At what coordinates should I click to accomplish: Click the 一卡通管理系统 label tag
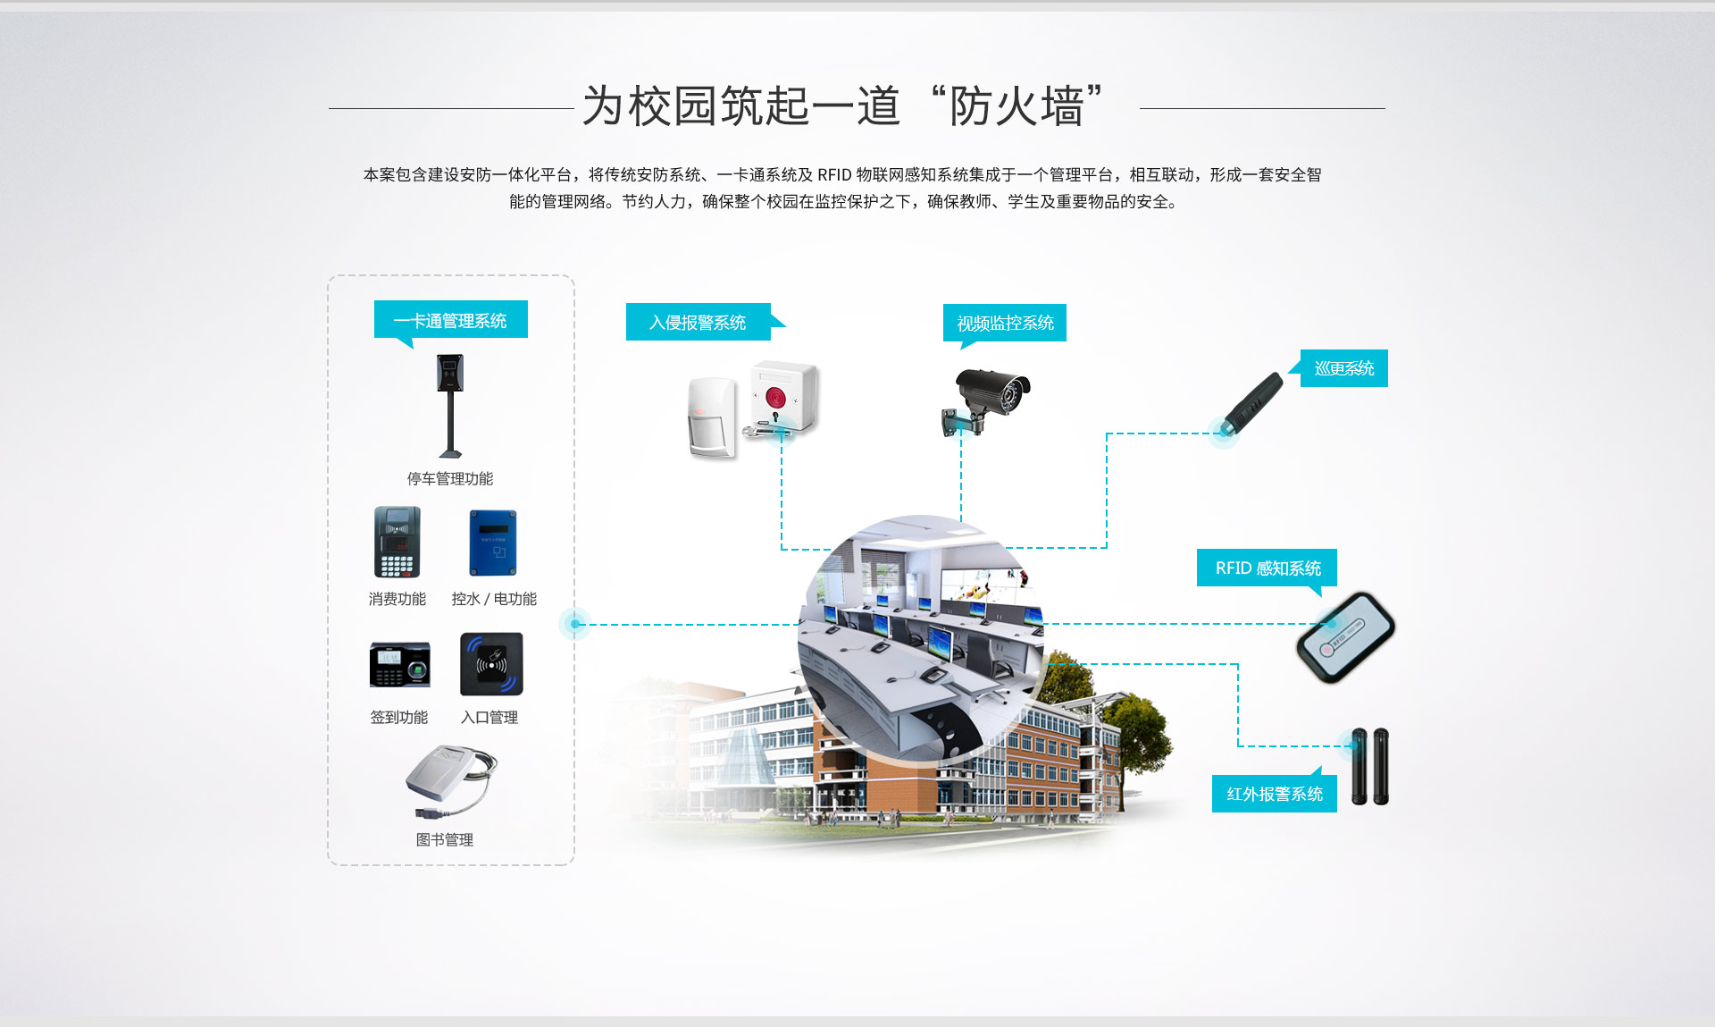pyautogui.click(x=451, y=320)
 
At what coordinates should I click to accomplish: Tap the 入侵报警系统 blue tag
pyautogui.click(x=699, y=322)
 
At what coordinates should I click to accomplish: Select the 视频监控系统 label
pyautogui.click(x=1005, y=323)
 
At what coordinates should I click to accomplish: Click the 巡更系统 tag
pyautogui.click(x=1344, y=368)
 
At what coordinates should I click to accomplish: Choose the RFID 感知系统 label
pyautogui.click(x=1267, y=568)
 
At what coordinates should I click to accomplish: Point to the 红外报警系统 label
pyautogui.click(x=1275, y=794)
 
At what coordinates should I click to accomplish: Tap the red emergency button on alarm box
pyautogui.click(x=775, y=396)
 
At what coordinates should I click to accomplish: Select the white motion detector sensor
pyautogui.click(x=712, y=417)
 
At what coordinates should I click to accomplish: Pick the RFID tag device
pyautogui.click(x=1345, y=637)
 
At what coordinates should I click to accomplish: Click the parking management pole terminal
pyautogui.click(x=450, y=406)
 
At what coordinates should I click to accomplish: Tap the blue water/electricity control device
pyautogui.click(x=493, y=543)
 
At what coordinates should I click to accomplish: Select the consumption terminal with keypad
pyautogui.click(x=397, y=543)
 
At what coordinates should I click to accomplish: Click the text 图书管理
pyautogui.click(x=445, y=839)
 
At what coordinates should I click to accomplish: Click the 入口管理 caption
pyautogui.click(x=489, y=717)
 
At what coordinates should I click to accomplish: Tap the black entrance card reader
pyautogui.click(x=491, y=664)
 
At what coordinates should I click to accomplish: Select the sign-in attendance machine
pyautogui.click(x=399, y=664)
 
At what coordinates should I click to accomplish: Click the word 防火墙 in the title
pyautogui.click(x=1016, y=106)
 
